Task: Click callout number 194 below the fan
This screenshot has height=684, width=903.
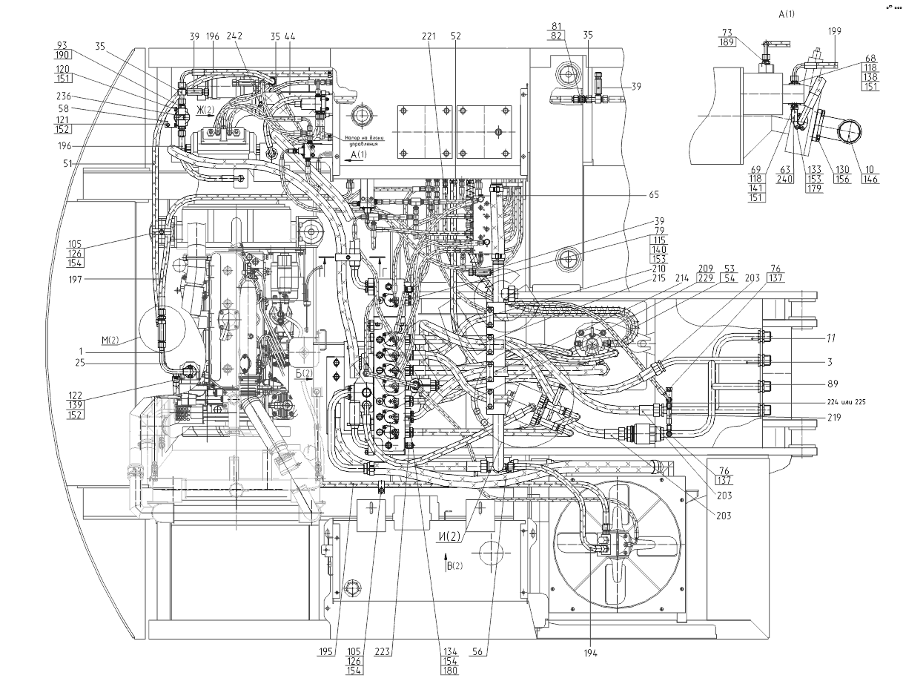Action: coord(589,653)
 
